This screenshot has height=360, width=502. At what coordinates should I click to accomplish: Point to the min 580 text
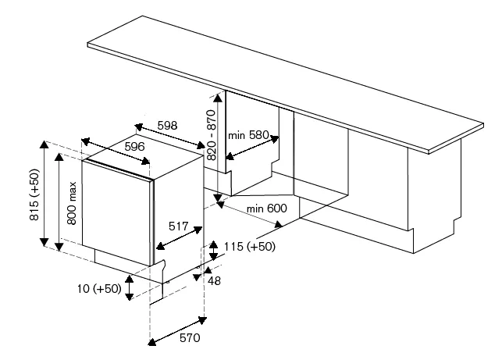click(247, 135)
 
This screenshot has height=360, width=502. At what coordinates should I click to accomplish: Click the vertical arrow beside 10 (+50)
click(130, 288)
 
